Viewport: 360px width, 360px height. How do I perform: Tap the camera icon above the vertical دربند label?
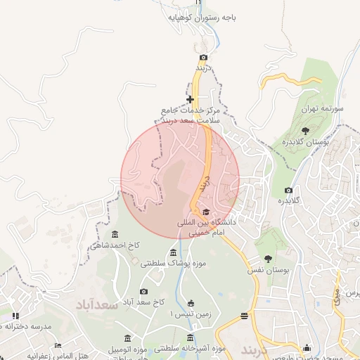(x=203, y=57)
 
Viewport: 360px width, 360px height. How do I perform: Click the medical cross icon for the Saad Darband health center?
(x=190, y=99)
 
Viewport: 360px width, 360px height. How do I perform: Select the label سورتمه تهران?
(x=321, y=109)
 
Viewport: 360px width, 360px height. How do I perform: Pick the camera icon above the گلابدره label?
(x=288, y=190)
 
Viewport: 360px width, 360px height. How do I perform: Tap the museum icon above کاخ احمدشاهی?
(x=115, y=234)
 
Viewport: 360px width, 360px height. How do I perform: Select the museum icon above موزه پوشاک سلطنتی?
(x=173, y=253)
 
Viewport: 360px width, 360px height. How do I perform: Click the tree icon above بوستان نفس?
(x=268, y=258)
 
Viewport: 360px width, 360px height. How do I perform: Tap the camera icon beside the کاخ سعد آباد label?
(x=143, y=291)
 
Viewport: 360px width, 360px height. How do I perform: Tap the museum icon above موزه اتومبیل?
(x=127, y=338)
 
